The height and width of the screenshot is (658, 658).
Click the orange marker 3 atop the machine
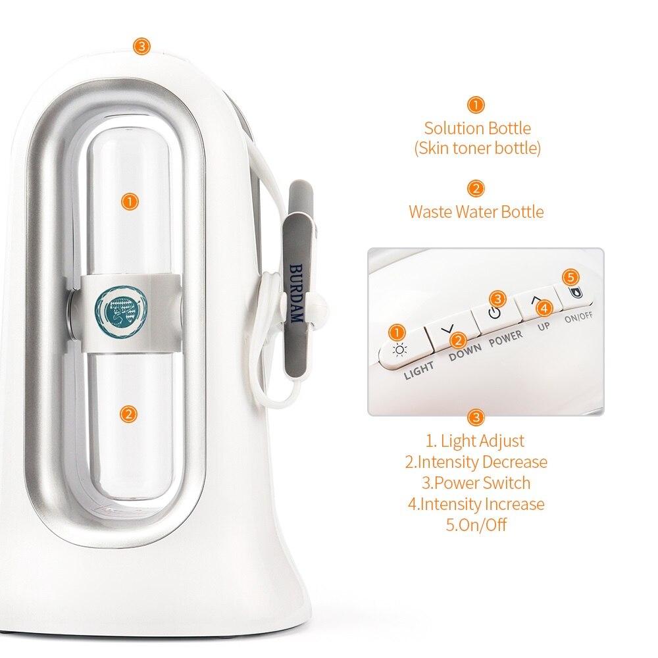(141, 46)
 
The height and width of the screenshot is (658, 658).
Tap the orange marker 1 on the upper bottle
(130, 201)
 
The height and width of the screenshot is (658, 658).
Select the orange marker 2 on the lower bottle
(129, 413)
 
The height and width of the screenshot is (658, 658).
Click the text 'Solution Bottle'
(477, 128)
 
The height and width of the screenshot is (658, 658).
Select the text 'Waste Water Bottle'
(476, 212)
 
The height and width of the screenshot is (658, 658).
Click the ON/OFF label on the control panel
(580, 316)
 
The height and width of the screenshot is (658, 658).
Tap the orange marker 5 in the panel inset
(572, 277)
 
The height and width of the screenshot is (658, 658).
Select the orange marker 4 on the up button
(543, 307)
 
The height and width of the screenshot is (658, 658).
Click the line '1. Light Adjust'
(475, 441)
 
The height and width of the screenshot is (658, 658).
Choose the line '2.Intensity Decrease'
(476, 462)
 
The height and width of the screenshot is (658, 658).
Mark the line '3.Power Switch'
(476, 483)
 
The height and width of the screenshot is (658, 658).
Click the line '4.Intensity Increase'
(476, 504)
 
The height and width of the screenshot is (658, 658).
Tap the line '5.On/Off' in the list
(476, 525)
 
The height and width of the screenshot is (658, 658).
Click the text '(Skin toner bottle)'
(477, 149)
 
